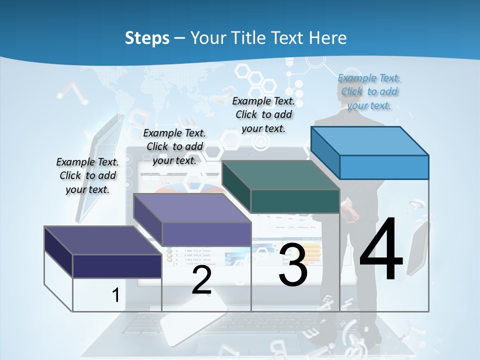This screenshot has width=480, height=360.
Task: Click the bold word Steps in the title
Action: [147, 38]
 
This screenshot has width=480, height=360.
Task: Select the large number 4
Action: [381, 250]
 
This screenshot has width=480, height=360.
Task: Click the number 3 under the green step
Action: [293, 265]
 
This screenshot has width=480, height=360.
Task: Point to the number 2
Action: [201, 280]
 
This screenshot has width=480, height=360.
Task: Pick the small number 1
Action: [115, 295]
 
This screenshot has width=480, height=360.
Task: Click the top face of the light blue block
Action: [369, 140]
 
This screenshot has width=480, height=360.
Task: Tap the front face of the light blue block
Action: [384, 167]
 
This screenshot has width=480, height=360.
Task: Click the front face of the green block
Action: [295, 201]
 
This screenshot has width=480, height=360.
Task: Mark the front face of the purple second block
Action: [206, 234]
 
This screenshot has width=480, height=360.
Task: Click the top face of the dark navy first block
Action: [102, 240]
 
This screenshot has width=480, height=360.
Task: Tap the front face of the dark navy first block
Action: [117, 266]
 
